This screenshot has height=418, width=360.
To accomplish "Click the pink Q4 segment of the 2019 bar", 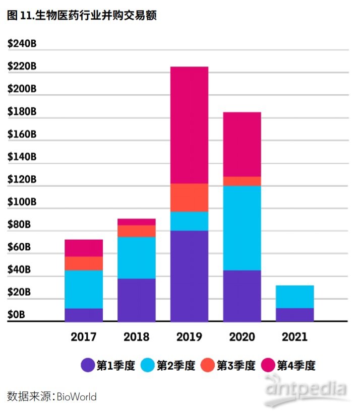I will click(189, 125).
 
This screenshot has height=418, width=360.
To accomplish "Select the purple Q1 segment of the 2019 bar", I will click(189, 276).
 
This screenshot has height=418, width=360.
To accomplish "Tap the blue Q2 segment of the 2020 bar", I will click(242, 228).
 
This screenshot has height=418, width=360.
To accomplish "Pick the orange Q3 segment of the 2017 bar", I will click(84, 263).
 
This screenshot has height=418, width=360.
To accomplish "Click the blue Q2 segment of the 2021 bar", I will click(294, 297).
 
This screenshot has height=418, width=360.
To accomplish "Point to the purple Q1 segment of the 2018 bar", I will click(137, 300).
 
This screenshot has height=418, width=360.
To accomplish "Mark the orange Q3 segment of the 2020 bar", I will click(242, 181).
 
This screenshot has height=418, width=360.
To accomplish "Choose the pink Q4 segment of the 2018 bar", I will click(137, 222).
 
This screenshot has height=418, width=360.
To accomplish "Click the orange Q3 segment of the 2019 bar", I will click(189, 197).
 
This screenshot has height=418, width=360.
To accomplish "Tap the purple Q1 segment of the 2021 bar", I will click(294, 315).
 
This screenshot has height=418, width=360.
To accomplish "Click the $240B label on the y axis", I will click(22, 44).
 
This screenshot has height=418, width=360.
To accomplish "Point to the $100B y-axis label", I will click(22, 202).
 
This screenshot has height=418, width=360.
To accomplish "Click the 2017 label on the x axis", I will click(84, 336).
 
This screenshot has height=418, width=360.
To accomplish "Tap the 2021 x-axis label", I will click(294, 336).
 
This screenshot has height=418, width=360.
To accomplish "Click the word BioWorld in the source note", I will click(76, 396).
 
